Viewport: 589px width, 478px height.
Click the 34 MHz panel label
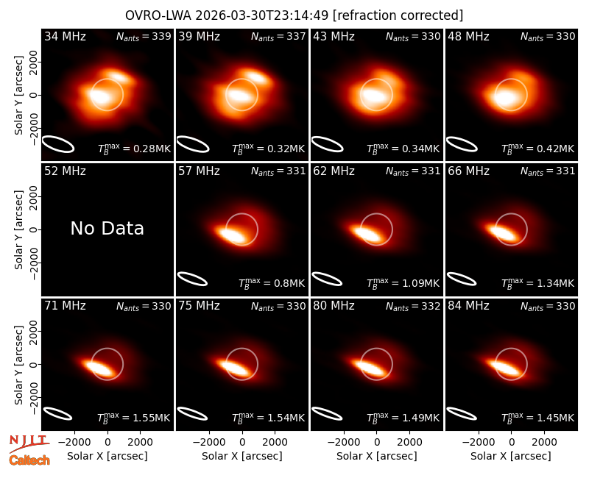(x=65, y=36)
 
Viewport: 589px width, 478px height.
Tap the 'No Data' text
(x=107, y=228)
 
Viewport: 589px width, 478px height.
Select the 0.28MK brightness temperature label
(x=135, y=149)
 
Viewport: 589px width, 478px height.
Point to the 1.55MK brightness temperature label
(x=134, y=418)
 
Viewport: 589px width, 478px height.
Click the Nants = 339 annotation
(x=144, y=36)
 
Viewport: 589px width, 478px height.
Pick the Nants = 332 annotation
(x=413, y=306)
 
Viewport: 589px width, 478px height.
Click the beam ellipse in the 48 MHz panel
(x=462, y=144)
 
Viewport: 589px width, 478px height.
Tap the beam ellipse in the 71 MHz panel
(x=57, y=413)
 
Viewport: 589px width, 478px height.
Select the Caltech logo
(x=29, y=460)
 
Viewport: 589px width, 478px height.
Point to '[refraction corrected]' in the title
(x=398, y=15)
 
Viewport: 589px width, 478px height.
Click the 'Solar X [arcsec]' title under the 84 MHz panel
(x=511, y=456)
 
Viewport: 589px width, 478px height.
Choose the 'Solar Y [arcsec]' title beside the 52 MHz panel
(x=19, y=229)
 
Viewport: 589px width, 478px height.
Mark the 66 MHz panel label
(x=468, y=171)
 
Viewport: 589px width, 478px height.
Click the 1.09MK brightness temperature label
(x=403, y=283)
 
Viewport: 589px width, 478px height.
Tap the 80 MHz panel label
(x=334, y=306)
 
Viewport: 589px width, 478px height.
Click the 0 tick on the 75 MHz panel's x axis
(x=242, y=442)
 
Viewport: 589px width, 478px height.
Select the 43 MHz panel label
(x=334, y=36)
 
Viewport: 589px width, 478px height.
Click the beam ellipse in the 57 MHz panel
(x=192, y=279)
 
